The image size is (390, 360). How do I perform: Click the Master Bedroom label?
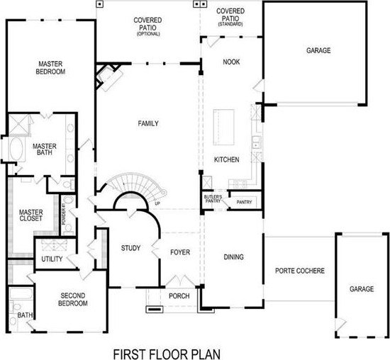50,67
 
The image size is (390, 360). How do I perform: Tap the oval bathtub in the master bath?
16,150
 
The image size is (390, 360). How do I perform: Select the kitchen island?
223,127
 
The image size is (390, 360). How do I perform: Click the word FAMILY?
148,123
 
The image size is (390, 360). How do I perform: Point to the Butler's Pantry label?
213,198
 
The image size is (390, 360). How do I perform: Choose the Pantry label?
244,202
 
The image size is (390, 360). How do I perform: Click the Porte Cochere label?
300,271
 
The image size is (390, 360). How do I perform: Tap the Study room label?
130,248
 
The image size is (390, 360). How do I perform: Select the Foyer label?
180,252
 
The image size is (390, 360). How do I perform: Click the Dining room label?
233,257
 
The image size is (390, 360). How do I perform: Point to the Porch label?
179,296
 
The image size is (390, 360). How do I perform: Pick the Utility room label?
52,259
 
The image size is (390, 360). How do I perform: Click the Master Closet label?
30,215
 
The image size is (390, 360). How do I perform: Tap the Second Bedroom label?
72,299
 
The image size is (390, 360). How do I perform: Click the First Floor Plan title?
167,354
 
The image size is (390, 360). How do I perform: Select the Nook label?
231,62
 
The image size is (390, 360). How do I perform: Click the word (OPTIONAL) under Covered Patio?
148,34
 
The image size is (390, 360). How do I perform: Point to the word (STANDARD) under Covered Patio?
230,24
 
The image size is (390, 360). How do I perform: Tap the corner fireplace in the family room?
108,75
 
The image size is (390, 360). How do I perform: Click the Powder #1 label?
63,214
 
